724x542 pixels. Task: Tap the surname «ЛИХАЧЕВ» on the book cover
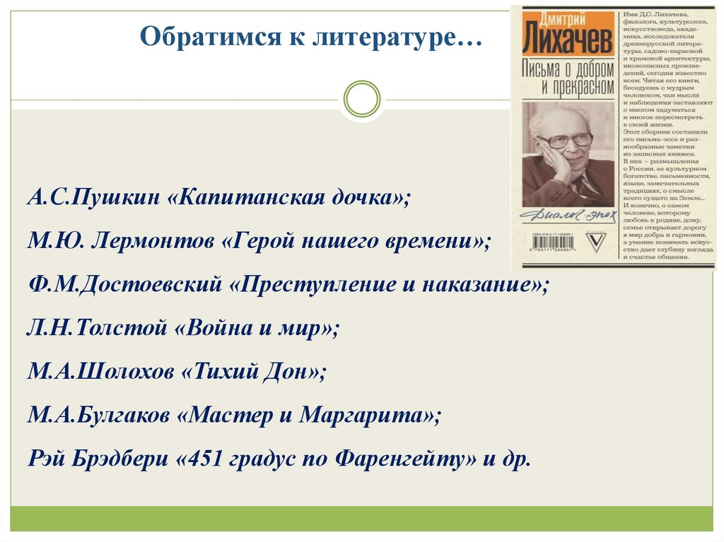point(567,44)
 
